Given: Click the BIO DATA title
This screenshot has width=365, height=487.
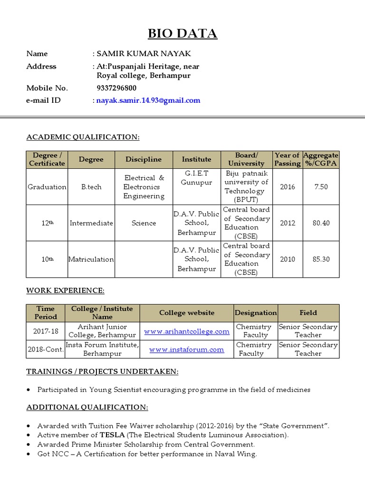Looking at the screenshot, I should (182, 33).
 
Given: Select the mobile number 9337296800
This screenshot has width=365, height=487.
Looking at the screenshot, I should (116, 88).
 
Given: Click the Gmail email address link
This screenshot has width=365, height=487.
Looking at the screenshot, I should (148, 100).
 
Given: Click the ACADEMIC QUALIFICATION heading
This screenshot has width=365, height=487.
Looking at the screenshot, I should (83, 137).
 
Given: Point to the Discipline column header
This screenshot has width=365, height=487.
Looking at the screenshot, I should (144, 159).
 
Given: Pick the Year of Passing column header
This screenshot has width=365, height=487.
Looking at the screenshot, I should (287, 159).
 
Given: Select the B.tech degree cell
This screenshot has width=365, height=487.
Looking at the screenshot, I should (91, 187).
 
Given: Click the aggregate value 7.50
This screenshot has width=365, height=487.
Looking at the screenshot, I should (321, 187).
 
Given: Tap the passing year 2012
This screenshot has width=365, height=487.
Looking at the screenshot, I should (287, 223).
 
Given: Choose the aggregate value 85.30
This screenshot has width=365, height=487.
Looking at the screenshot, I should (321, 259).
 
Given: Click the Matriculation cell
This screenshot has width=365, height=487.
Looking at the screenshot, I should (91, 259).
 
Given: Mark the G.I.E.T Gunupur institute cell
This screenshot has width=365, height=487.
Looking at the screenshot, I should (196, 178).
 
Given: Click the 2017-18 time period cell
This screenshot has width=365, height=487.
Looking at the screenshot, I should (46, 331).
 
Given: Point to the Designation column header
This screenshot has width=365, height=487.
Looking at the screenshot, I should (255, 313).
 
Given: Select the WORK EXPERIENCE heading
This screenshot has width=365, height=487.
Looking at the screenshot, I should (65, 290).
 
